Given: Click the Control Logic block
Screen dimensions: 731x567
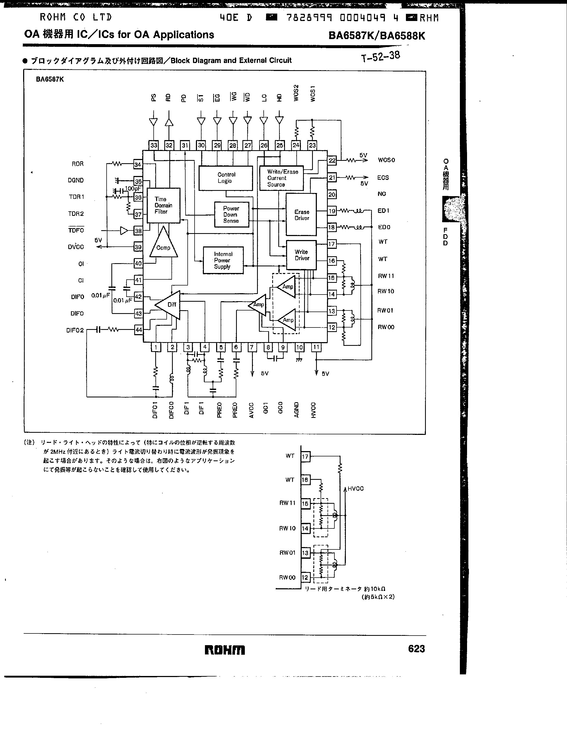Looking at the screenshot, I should [226, 178].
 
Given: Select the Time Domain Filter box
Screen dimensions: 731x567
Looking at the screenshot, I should [163, 205].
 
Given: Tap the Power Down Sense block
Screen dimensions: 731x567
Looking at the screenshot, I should [231, 215].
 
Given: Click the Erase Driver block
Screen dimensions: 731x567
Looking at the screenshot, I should [301, 215].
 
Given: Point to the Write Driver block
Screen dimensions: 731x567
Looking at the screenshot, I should [301, 255].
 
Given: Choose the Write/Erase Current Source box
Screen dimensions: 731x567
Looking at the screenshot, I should [281, 178].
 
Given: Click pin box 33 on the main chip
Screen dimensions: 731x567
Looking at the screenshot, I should [154, 145].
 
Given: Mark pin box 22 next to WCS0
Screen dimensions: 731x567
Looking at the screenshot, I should [332, 160].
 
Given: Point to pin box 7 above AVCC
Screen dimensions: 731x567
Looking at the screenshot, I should [252, 347].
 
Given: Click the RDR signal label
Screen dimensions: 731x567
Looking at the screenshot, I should [78, 164].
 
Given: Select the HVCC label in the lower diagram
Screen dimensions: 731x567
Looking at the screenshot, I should [355, 489].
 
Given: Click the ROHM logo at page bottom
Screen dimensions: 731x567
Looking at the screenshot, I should [225, 650].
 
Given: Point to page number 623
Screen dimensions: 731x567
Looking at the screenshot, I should [416, 649].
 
